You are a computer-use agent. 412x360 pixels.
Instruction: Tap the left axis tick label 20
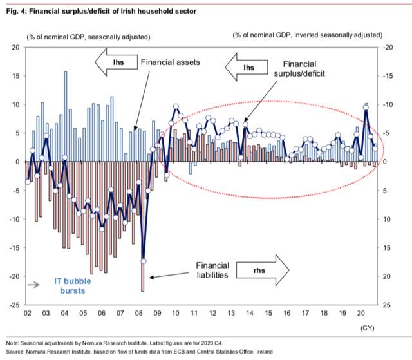coord(15,48)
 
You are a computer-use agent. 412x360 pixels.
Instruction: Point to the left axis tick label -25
coord(14,305)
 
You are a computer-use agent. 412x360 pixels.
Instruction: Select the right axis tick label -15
coord(388,76)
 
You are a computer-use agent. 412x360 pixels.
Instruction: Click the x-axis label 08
coord(139,313)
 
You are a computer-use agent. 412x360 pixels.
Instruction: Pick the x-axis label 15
coord(268,313)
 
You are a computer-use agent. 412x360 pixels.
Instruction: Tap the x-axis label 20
coord(361,313)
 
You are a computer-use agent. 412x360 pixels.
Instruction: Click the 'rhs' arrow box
coord(263,270)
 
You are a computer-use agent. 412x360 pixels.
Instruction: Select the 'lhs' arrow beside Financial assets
coord(116,62)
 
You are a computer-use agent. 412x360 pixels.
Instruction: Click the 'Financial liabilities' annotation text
coord(212,270)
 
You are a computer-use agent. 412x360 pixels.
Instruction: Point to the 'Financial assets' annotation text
coord(170,62)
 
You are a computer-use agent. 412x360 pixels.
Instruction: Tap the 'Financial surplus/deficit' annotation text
coord(299,69)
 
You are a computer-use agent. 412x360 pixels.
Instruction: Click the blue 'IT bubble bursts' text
coord(73,286)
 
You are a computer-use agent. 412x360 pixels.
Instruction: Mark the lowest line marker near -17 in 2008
coord(144,261)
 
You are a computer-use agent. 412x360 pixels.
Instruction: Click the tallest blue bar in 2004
coord(66,116)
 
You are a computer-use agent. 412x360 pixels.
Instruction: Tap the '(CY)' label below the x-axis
coord(368,328)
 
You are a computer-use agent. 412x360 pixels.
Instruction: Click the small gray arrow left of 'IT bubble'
coord(33,285)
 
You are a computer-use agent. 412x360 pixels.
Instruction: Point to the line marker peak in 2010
coord(176,106)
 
